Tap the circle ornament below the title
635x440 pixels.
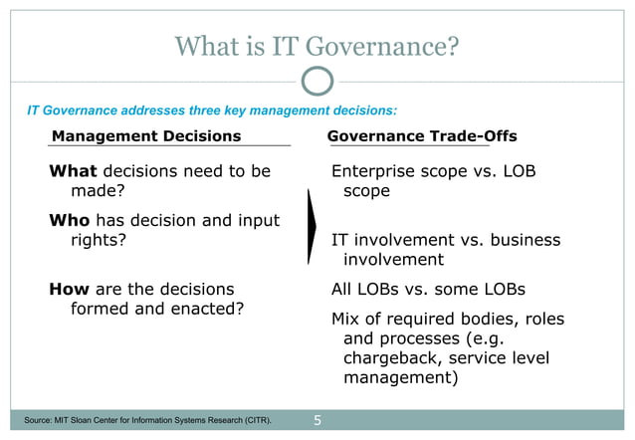317,81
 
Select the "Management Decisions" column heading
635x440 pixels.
146,135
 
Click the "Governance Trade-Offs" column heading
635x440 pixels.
422,135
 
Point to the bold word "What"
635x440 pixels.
74,171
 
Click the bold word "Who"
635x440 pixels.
70,220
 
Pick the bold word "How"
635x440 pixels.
70,290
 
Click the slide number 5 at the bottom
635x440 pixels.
317,421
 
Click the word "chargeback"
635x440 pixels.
390,358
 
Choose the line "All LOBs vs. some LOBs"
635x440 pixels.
428,290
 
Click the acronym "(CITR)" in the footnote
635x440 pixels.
252,421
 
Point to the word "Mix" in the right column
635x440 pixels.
347,319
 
